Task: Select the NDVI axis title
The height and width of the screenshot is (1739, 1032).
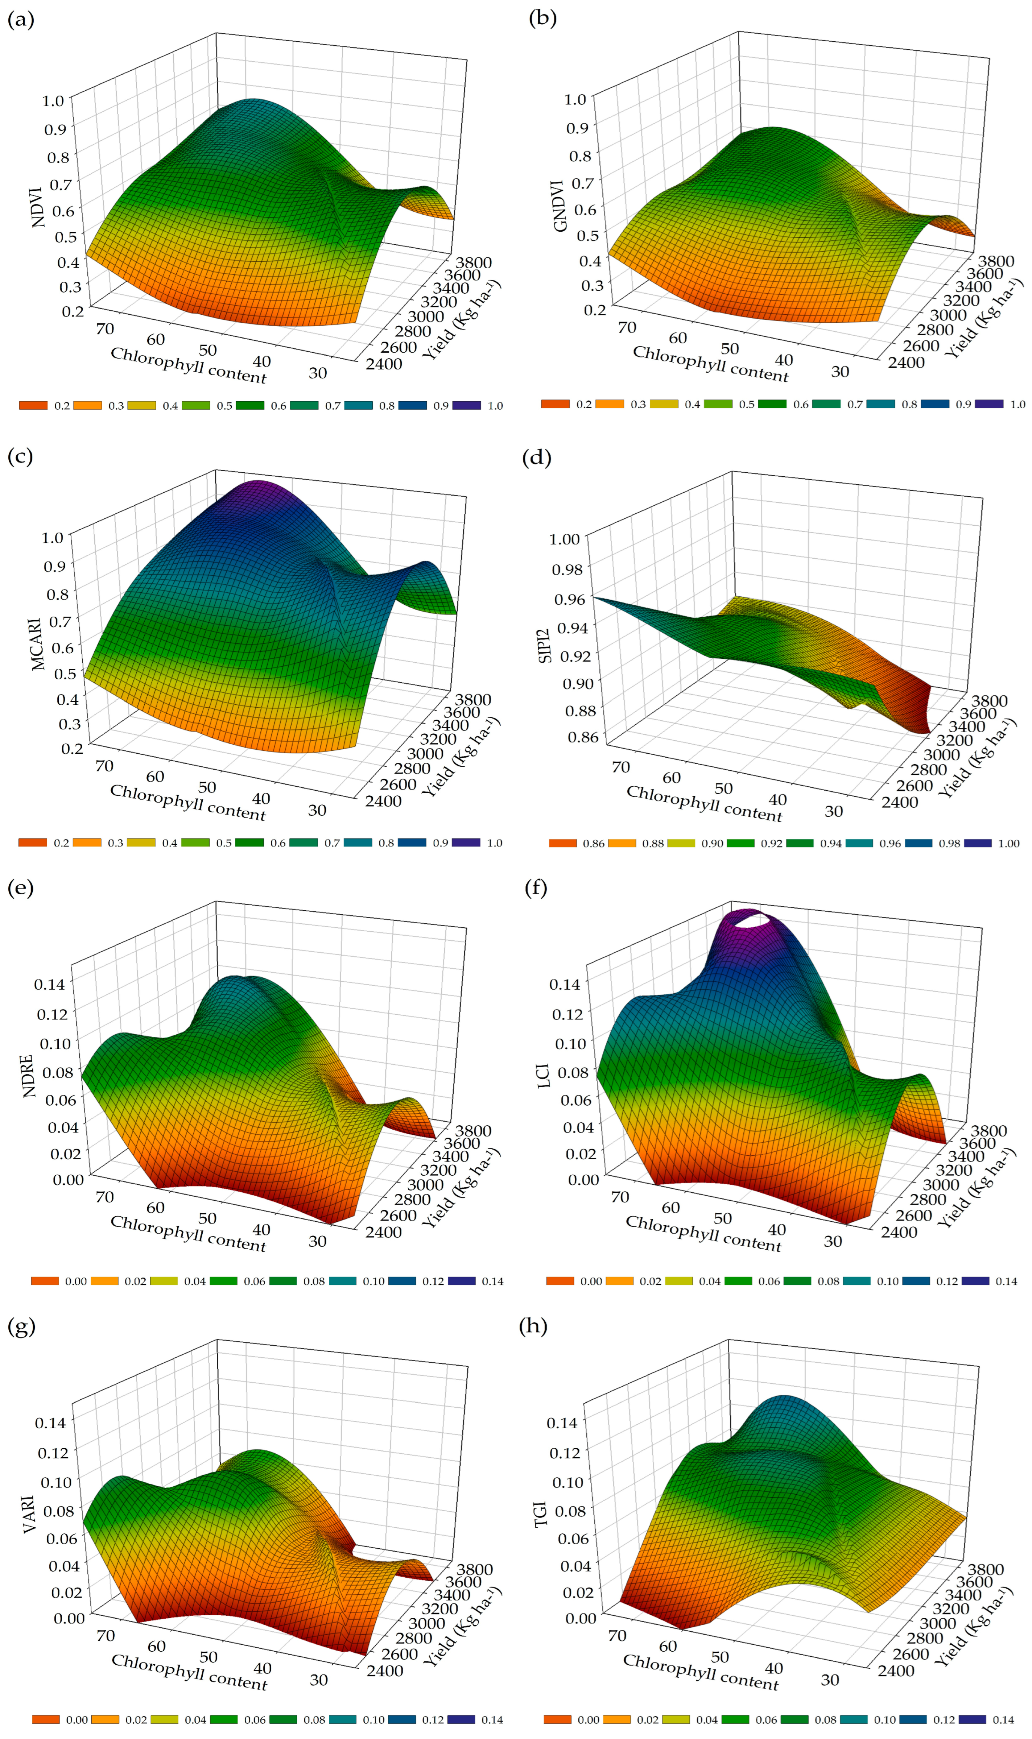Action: (38, 206)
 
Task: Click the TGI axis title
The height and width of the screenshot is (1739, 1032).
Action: (541, 1514)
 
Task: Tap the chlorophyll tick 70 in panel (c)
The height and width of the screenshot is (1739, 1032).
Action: (104, 766)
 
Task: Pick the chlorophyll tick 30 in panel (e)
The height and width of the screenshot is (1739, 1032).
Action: (317, 1241)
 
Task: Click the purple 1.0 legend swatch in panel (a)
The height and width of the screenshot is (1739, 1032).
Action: (466, 405)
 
